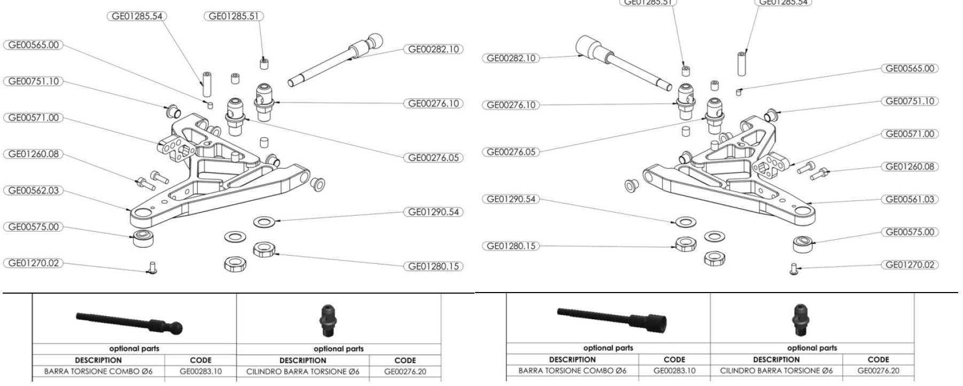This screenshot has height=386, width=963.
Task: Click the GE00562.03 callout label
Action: pyautogui.click(x=32, y=191)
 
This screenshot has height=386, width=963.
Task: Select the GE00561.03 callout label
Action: pyautogui.click(x=910, y=200)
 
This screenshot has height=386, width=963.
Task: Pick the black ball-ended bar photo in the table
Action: pyautogui.click(x=130, y=322)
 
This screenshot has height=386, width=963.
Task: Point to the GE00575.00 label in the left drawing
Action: pyautogui.click(x=32, y=227)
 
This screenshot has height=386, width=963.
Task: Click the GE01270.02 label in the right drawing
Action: pyautogui.click(x=910, y=265)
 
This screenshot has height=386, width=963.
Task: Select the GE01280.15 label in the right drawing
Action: pyautogui.click(x=510, y=246)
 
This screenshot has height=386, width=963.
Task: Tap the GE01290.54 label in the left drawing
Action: pyautogui.click(x=433, y=212)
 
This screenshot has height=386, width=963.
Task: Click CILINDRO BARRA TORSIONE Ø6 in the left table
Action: pyautogui.click(x=302, y=371)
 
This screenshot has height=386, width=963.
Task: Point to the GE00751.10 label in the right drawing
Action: pyautogui.click(x=910, y=101)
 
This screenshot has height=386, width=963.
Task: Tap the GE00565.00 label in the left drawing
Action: pyautogui.click(x=32, y=45)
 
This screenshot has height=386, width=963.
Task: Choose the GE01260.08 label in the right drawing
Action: pyautogui.click(x=910, y=167)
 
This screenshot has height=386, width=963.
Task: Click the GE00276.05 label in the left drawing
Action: pyautogui.click(x=433, y=158)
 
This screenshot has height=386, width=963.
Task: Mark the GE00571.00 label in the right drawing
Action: pyautogui.click(x=910, y=134)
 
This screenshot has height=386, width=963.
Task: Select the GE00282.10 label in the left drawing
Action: pyautogui.click(x=433, y=49)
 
